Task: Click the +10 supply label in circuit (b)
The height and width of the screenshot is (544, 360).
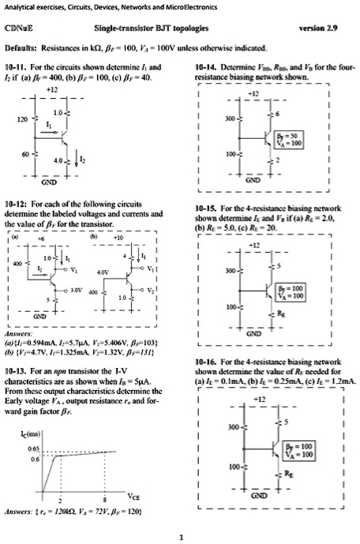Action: [x=122, y=223]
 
